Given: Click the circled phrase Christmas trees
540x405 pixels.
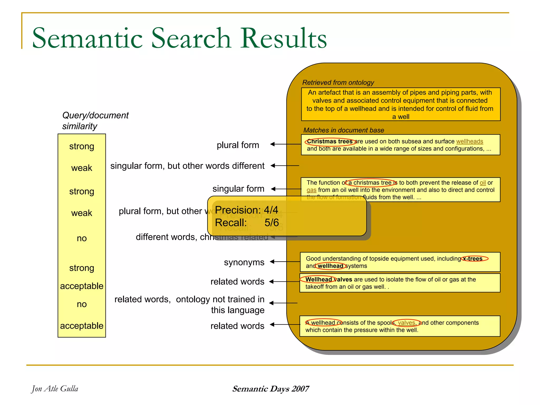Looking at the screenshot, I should [x=330, y=142].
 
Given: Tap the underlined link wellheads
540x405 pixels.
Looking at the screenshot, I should [x=469, y=142].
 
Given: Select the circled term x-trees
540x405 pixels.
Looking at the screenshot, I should [x=474, y=259].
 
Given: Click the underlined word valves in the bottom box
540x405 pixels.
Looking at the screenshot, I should [x=406, y=323].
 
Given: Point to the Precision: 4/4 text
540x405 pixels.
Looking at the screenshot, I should [x=246, y=210].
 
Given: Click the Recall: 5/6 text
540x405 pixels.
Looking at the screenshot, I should [x=247, y=223].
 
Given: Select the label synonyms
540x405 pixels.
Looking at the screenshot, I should [x=244, y=262].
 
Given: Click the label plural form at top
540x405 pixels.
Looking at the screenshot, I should [x=238, y=145].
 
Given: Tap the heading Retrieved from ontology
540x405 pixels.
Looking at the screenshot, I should [x=338, y=83].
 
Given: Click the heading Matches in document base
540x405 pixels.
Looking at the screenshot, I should [x=344, y=130].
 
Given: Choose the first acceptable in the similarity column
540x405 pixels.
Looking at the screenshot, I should [x=82, y=286].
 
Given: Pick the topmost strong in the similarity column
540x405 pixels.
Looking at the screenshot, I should [x=82, y=146].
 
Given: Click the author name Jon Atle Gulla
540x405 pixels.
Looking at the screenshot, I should [x=55, y=389].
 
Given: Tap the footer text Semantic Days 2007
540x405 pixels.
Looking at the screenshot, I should [x=271, y=389].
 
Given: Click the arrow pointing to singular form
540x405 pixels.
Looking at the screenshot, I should [x=286, y=189].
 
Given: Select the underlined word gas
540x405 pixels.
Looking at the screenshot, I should [x=311, y=190].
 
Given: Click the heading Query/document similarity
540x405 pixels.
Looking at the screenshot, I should [x=95, y=121].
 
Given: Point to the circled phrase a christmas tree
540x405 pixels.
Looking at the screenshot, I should [x=371, y=183].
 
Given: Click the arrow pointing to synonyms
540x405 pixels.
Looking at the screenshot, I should [x=285, y=262].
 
